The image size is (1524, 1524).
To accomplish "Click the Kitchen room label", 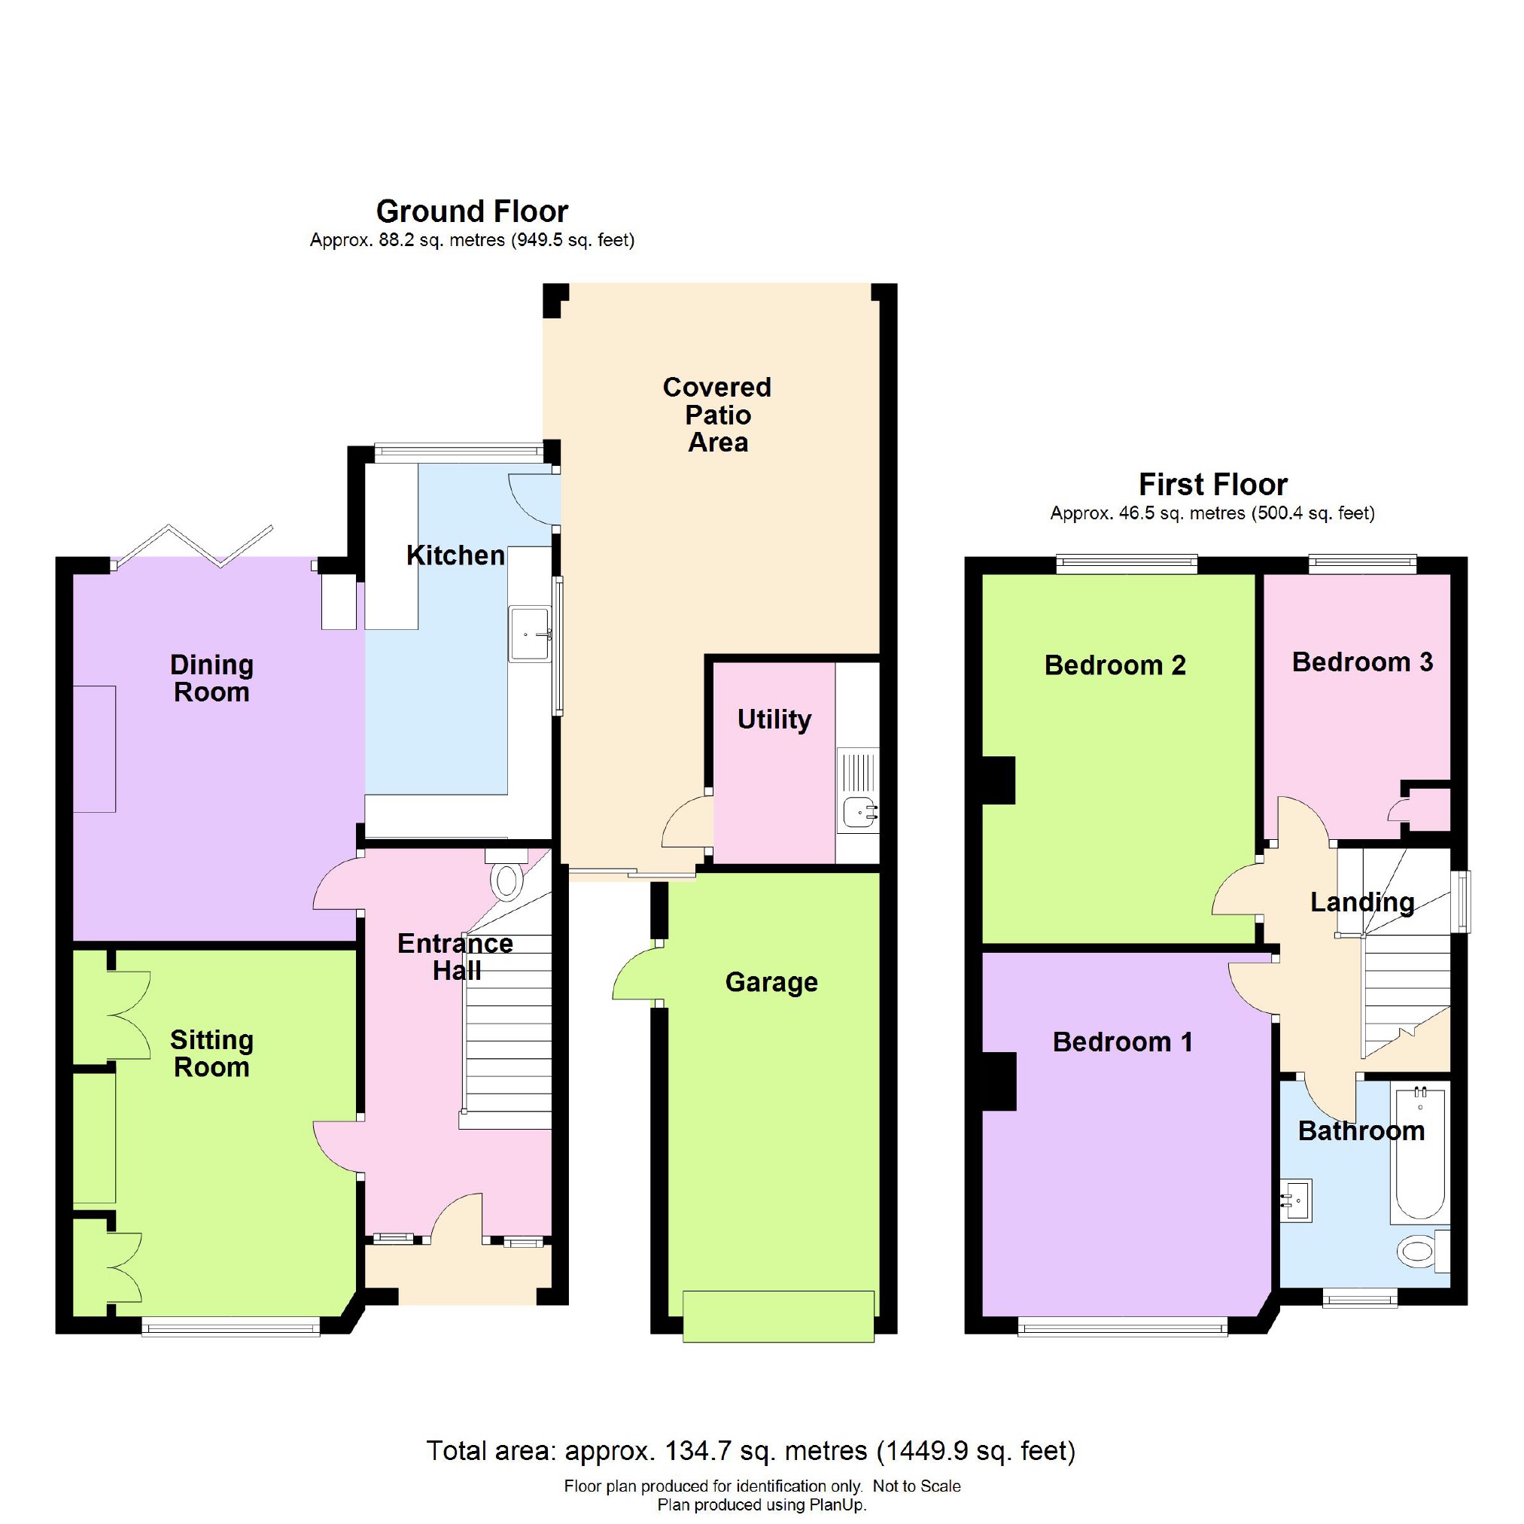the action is [x=455, y=555].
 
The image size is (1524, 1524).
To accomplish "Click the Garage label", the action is [x=771, y=982].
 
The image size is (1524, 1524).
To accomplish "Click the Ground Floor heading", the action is [x=472, y=211].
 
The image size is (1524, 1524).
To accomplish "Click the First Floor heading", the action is [x=1213, y=484].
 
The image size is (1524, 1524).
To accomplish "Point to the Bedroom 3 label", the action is [x=1362, y=662].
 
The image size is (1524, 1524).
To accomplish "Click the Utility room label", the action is [x=774, y=719].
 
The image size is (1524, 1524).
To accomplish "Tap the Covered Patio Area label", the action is [x=717, y=415].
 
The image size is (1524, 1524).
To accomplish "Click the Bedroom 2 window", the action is [x=1127, y=564].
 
